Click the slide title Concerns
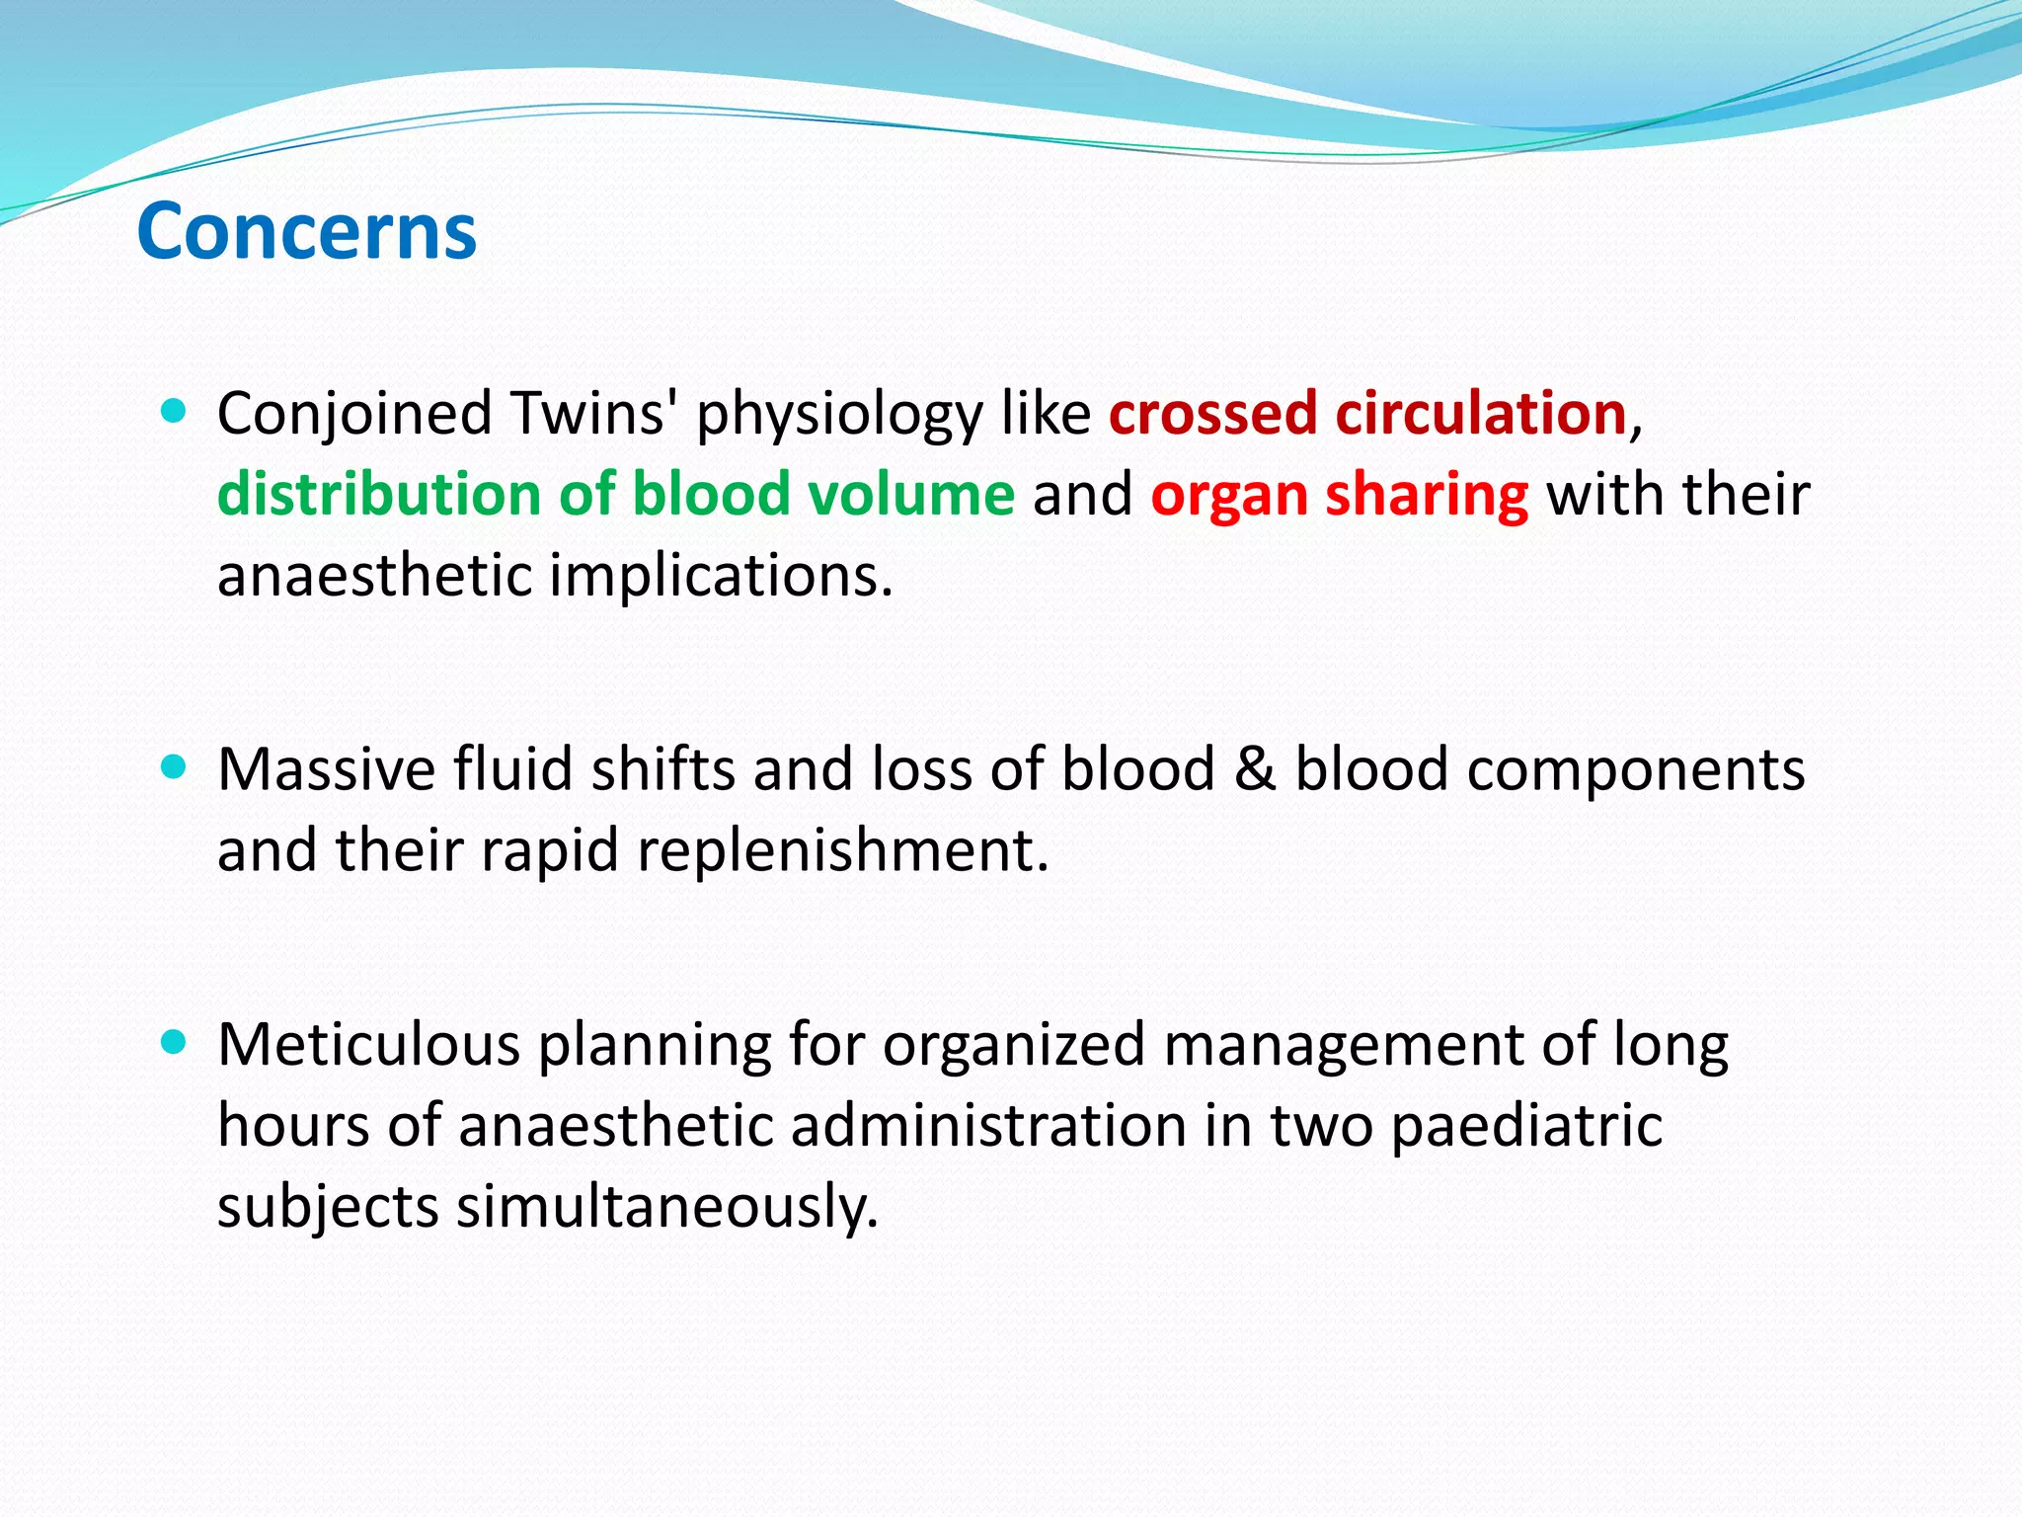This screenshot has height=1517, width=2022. pyautogui.click(x=307, y=231)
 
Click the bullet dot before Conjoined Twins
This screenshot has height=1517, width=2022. pyautogui.click(x=173, y=411)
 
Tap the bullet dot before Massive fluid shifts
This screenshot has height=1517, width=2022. pyautogui.click(x=173, y=767)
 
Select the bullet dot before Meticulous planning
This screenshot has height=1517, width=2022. pyautogui.click(x=173, y=1042)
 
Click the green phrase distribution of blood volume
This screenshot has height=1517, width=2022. pyautogui.click(x=615, y=494)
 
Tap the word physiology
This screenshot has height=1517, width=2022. pyautogui.click(x=839, y=415)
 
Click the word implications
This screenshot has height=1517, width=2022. pyautogui.click(x=721, y=575)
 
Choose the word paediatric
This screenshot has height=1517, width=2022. pyautogui.click(x=1526, y=1126)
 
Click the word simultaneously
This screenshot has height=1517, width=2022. pyautogui.click(x=666, y=1207)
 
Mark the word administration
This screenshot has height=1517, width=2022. pyautogui.click(x=988, y=1125)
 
